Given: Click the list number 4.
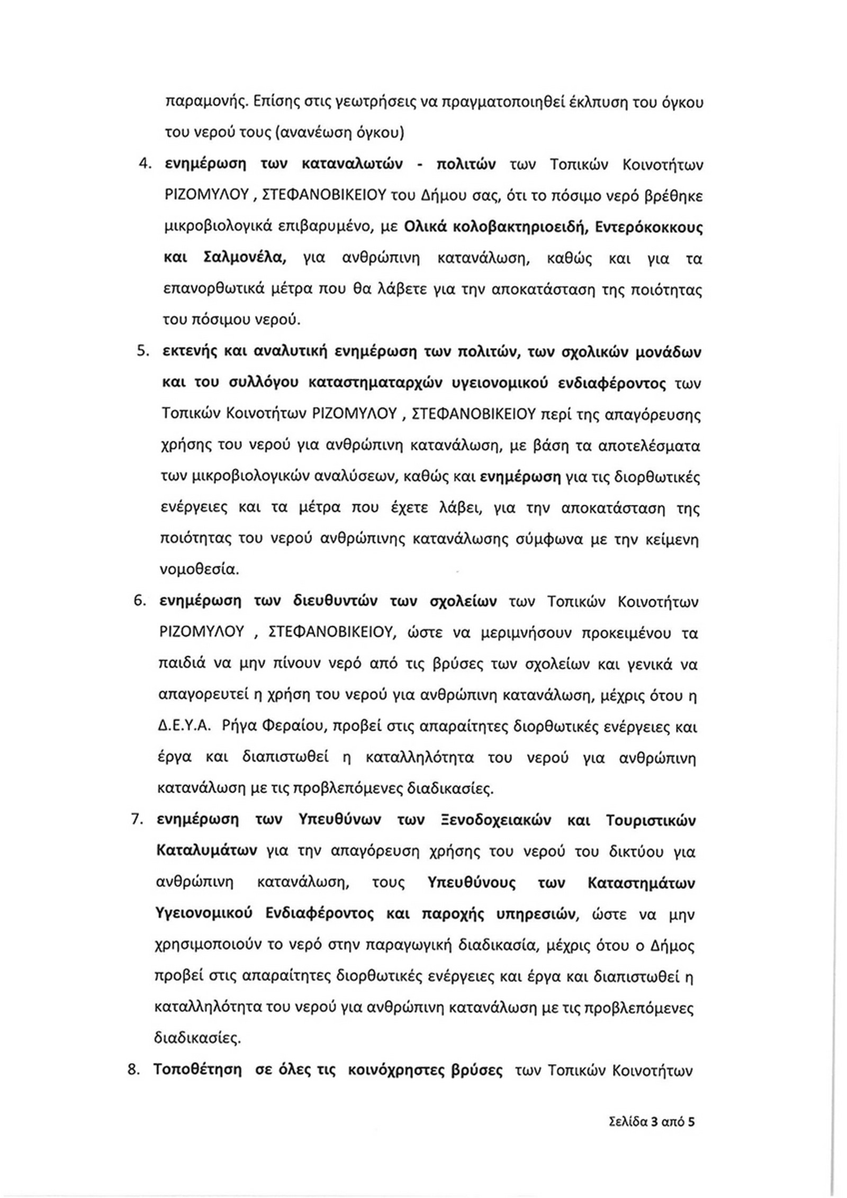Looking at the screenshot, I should point(142,165).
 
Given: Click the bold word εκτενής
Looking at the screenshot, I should point(189,352).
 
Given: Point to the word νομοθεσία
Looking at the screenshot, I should point(199,570).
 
